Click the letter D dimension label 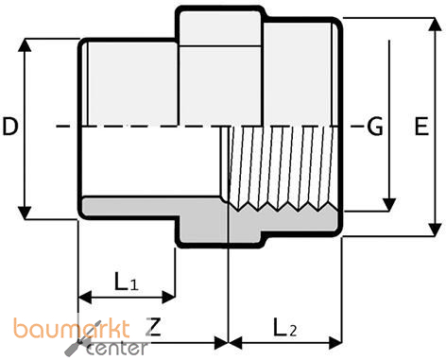click(x=11, y=126)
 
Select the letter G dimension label click(x=375, y=126)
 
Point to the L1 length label click(x=127, y=281)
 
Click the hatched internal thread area click(x=283, y=165)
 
